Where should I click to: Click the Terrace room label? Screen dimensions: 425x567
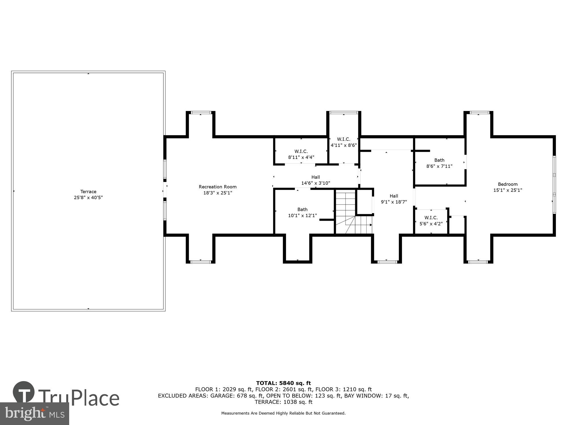pyautogui.click(x=88, y=192)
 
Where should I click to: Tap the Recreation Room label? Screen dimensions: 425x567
pyautogui.click(x=217, y=187)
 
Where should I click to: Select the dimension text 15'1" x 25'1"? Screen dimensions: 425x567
pyautogui.click(x=507, y=190)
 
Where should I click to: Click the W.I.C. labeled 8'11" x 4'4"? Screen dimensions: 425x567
pyautogui.click(x=301, y=154)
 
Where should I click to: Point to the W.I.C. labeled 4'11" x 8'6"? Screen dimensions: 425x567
pyautogui.click(x=343, y=142)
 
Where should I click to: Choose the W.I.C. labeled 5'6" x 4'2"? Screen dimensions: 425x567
pyautogui.click(x=431, y=221)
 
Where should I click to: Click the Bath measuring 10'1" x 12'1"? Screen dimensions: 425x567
pyautogui.click(x=302, y=212)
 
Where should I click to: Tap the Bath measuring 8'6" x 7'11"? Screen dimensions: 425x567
pyautogui.click(x=439, y=163)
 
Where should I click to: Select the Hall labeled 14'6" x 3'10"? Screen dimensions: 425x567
pyautogui.click(x=316, y=180)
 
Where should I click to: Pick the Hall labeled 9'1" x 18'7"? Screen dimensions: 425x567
pyautogui.click(x=394, y=199)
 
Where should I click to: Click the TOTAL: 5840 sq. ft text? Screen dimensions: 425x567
pyautogui.click(x=283, y=383)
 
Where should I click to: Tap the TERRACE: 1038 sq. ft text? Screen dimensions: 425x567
pyautogui.click(x=283, y=402)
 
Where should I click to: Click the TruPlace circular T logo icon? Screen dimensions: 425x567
pyautogui.click(x=24, y=392)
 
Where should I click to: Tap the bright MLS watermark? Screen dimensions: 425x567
pyautogui.click(x=34, y=414)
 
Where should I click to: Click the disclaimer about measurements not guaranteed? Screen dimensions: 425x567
pyautogui.click(x=283, y=413)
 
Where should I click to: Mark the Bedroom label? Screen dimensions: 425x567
pyautogui.click(x=507, y=184)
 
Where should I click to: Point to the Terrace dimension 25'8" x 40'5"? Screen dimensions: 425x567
pyautogui.click(x=88, y=198)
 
